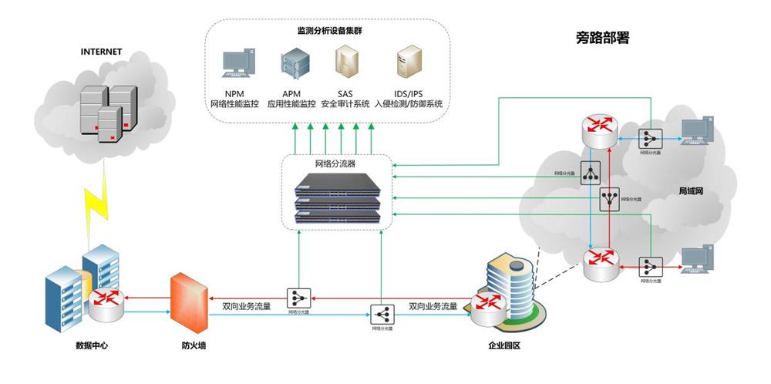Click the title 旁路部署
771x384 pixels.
[x=602, y=37]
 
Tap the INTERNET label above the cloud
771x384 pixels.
[x=102, y=52]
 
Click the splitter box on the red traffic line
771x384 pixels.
[x=298, y=297]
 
